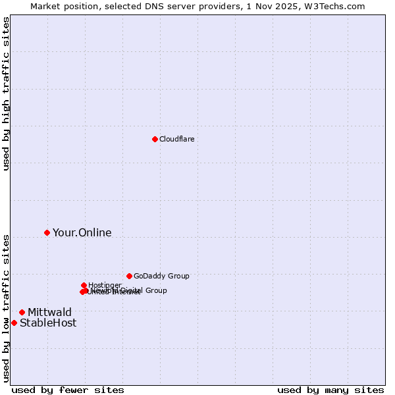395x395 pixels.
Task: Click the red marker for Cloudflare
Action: [x=155, y=139]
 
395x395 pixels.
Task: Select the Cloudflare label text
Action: [x=176, y=139]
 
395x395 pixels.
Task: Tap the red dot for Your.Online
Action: [x=47, y=232]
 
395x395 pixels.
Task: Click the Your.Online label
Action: [x=82, y=232]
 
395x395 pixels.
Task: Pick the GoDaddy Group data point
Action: [x=129, y=276]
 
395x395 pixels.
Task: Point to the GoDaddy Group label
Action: [x=161, y=276]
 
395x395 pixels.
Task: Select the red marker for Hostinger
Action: [x=84, y=285]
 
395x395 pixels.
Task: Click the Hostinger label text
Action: [x=105, y=285]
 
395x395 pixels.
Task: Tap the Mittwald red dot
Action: [x=22, y=312]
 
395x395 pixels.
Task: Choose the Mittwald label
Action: [x=49, y=312]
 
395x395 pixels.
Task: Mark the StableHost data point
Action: [x=14, y=323]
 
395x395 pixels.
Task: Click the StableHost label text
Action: [x=48, y=323]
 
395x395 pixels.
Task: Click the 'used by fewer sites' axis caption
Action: [x=68, y=390]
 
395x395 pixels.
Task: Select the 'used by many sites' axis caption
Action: [x=330, y=390]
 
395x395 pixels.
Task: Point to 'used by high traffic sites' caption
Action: [x=6, y=93]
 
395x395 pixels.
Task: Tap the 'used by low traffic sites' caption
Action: [x=6, y=308]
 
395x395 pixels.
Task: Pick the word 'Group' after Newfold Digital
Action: [x=155, y=290]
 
